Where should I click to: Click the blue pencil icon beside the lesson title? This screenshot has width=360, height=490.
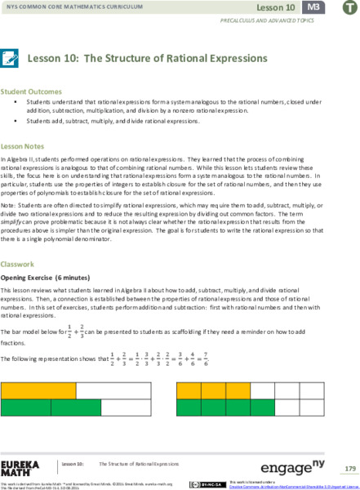pyautogui.click(x=11, y=59)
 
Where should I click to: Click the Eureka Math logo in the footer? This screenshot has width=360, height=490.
pyautogui.click(x=20, y=468)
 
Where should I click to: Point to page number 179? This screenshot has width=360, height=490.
pyautogui.click(x=350, y=468)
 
